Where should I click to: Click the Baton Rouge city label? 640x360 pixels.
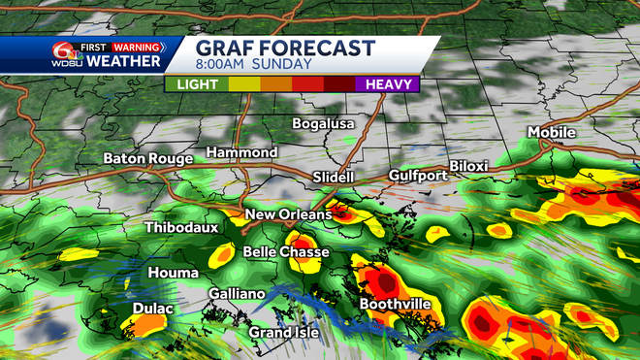147,158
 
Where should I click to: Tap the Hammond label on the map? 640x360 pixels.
241,152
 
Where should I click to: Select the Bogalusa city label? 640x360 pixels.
325,123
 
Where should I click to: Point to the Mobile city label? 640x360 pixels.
552,132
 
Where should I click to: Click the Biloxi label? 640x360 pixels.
468,166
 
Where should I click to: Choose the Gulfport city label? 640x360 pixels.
418,176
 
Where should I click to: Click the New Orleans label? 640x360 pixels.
288,214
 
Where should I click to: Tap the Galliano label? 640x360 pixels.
237,294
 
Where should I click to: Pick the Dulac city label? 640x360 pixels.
152,310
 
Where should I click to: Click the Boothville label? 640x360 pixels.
396,304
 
